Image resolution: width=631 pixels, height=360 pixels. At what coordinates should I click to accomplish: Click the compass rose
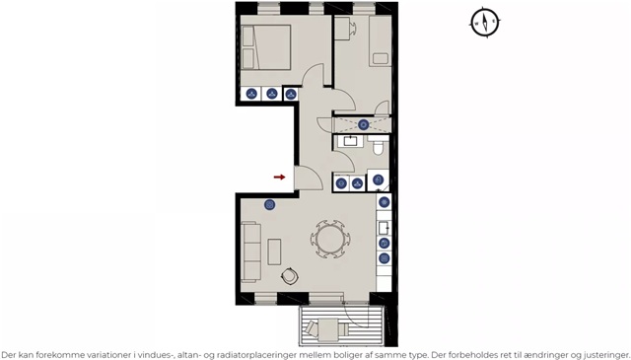(x=485, y=22)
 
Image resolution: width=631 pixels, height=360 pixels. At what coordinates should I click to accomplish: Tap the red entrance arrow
(x=279, y=177)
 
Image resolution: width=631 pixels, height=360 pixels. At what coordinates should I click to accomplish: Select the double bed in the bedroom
(x=266, y=47)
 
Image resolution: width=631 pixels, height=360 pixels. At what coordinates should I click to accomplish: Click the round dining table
(x=330, y=239)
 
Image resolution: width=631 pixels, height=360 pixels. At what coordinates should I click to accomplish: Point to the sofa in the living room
(x=251, y=252)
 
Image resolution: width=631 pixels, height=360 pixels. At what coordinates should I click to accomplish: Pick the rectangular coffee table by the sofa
(x=274, y=252)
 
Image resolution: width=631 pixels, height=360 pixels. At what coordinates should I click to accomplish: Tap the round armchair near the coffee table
(x=289, y=276)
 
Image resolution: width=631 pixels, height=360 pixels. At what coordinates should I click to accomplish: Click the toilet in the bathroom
(x=379, y=146)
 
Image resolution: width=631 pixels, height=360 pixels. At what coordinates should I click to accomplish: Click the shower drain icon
(x=364, y=124)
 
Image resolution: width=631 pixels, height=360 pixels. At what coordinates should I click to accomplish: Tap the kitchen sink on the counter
(x=384, y=228)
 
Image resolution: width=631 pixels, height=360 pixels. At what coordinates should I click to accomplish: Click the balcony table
(x=328, y=329)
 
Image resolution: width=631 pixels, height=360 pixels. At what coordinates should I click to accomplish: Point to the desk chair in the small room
(x=352, y=28)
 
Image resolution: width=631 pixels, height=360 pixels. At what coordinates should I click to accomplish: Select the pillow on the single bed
(x=381, y=59)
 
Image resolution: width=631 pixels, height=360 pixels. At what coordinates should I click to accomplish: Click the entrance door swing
(x=309, y=178)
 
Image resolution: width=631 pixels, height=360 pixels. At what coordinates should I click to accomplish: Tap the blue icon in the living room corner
(x=269, y=205)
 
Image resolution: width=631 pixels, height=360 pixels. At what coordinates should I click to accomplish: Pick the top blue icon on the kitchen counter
(x=385, y=202)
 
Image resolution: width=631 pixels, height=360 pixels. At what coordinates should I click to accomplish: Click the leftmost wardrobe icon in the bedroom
(x=251, y=94)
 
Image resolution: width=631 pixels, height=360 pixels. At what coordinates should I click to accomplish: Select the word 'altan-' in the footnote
(x=189, y=355)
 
